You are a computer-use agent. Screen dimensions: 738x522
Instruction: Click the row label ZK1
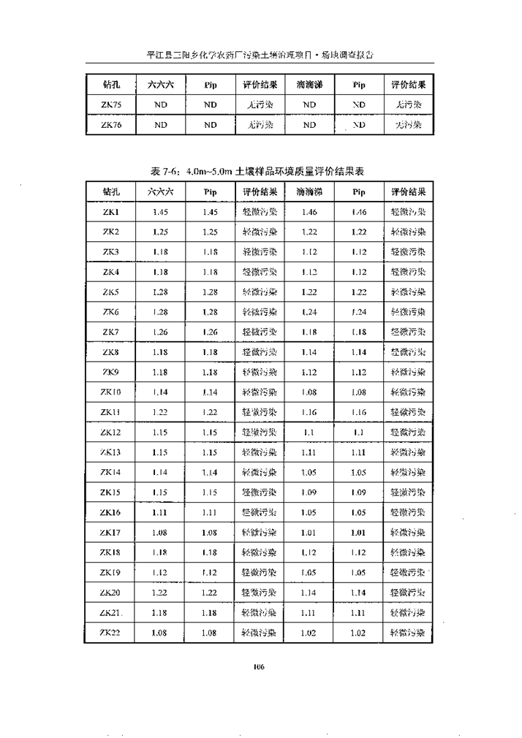point(111,212)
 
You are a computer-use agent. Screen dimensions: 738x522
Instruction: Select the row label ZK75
point(111,104)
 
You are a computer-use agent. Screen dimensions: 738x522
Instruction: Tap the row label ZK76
point(111,125)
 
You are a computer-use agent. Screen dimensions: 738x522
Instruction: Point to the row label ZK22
point(111,634)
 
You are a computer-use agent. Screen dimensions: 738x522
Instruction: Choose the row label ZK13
point(111,452)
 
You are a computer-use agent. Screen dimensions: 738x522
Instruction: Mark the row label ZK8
point(111,352)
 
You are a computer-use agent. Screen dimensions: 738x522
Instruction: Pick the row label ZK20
point(111,593)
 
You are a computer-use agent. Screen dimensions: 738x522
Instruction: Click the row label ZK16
point(111,513)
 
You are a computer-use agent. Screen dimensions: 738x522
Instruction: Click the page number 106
point(258,666)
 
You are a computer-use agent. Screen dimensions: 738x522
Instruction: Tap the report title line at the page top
point(261,54)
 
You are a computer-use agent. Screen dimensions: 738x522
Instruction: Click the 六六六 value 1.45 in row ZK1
point(161,212)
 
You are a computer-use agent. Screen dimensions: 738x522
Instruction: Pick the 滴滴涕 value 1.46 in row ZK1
point(309,212)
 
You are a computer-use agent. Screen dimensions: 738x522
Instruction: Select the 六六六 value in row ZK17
point(161,533)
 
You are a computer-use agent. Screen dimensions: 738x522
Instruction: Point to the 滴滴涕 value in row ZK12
point(309,433)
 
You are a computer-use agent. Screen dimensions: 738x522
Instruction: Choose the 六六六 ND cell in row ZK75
point(161,104)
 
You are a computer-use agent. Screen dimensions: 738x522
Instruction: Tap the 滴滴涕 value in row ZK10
point(309,392)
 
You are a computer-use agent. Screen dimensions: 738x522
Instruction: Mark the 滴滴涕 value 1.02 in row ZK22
point(309,634)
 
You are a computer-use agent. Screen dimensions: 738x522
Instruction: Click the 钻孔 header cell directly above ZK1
point(111,192)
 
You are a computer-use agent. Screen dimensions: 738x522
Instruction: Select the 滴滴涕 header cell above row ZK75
point(309,84)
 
